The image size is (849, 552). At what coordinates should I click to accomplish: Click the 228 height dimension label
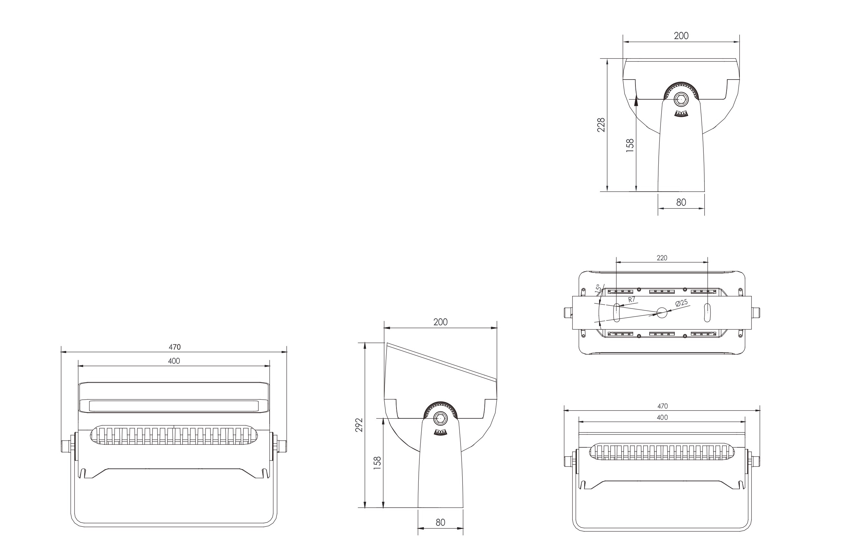click(601, 125)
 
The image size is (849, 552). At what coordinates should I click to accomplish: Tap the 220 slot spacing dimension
click(662, 258)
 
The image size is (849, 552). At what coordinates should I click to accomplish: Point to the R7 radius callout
click(632, 300)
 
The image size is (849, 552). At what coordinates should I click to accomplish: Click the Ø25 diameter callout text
click(681, 303)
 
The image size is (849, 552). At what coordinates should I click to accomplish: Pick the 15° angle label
click(598, 289)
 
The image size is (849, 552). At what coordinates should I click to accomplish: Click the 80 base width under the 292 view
click(440, 522)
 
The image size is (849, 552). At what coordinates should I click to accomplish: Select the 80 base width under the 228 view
click(681, 202)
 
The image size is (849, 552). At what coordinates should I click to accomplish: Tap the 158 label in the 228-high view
click(630, 146)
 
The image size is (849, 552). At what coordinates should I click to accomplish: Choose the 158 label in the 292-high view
click(377, 463)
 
